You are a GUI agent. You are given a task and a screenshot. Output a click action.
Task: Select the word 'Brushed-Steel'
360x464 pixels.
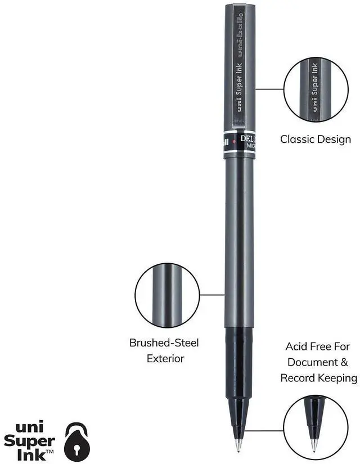click(x=164, y=343)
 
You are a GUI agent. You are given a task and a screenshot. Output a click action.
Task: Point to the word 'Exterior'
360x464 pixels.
click(x=165, y=358)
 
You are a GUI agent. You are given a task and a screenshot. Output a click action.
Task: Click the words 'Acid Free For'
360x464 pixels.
click(x=318, y=346)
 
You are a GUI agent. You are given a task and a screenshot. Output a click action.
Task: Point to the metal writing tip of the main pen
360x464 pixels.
click(x=238, y=444)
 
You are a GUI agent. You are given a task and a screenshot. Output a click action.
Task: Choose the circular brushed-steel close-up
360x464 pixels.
click(x=167, y=295)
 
